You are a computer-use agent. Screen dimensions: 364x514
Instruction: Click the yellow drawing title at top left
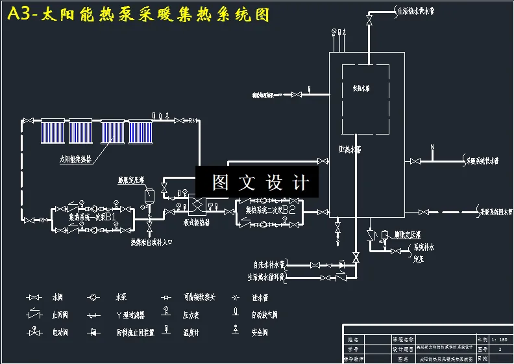click(138, 14)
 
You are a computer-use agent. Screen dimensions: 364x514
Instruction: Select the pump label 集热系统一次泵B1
click(93, 216)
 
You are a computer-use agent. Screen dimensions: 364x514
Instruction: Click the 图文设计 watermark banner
click(257, 183)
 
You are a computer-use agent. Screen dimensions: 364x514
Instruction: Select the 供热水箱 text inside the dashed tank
click(361, 88)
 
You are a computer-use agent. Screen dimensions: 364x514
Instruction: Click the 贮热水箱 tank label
click(351, 149)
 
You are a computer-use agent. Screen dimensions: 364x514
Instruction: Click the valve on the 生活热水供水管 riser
click(370, 21)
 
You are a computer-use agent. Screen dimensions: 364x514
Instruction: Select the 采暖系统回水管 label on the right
click(496, 212)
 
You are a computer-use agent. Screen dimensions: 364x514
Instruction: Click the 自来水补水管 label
click(270, 265)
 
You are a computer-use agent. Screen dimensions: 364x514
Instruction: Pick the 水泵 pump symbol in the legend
click(95, 297)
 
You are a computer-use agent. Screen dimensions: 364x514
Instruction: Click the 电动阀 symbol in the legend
click(32, 332)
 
